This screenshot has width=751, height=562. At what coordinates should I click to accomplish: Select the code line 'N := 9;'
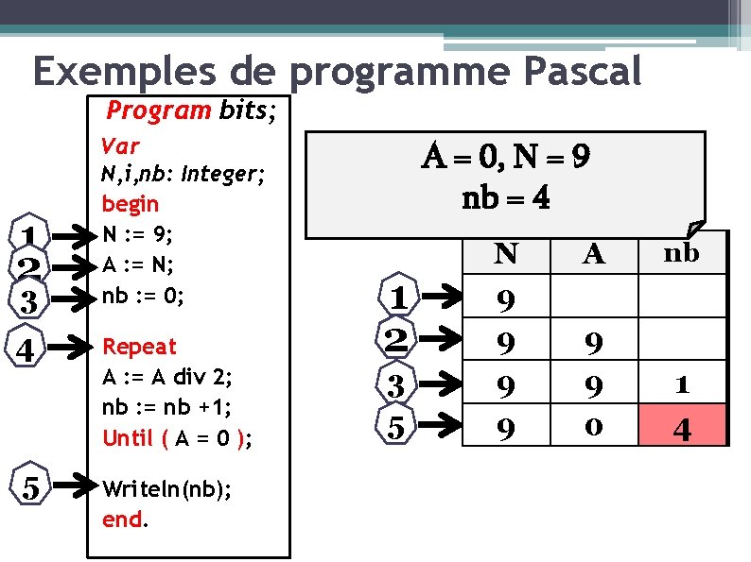[138, 232]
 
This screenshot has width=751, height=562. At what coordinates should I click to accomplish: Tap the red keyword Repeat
[139, 347]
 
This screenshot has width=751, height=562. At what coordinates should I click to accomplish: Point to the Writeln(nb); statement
[155, 490]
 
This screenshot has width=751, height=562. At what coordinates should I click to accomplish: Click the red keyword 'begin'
[130, 203]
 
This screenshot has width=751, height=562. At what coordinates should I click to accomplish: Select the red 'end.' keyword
[124, 519]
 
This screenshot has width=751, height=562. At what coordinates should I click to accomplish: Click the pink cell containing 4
[681, 428]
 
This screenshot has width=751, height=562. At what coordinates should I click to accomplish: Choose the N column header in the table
[506, 253]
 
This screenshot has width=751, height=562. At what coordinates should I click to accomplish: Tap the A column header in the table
[593, 253]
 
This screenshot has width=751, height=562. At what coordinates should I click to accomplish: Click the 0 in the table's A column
[593, 428]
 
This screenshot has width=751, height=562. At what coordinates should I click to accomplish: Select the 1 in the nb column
[681, 384]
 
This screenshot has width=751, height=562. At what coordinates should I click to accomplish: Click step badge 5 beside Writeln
[30, 488]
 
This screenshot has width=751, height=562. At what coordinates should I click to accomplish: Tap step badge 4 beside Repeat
[28, 350]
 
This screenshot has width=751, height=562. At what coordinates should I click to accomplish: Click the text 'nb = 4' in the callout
[506, 199]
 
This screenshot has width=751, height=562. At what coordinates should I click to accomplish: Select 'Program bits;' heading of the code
[192, 111]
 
